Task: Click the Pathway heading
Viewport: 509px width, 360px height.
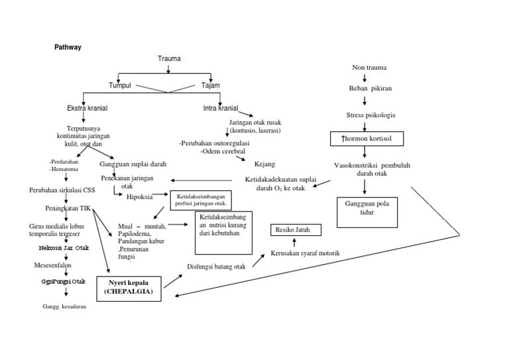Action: pyautogui.click(x=67, y=48)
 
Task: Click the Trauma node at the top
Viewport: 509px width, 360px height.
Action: pyautogui.click(x=169, y=59)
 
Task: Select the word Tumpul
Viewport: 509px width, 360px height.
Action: pyautogui.click(x=121, y=86)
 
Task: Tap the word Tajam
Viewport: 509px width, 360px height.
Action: pyautogui.click(x=211, y=86)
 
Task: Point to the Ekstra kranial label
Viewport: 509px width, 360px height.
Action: pyautogui.click(x=87, y=107)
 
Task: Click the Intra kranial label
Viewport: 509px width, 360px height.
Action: pyautogui.click(x=220, y=107)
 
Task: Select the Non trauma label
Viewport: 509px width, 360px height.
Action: pyautogui.click(x=369, y=68)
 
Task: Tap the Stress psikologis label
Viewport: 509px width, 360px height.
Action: pyautogui.click(x=370, y=115)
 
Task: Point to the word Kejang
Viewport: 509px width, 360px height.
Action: pyautogui.click(x=264, y=164)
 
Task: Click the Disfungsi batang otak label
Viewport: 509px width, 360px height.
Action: pyautogui.click(x=213, y=267)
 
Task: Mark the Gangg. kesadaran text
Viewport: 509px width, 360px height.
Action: pyautogui.click(x=64, y=306)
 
